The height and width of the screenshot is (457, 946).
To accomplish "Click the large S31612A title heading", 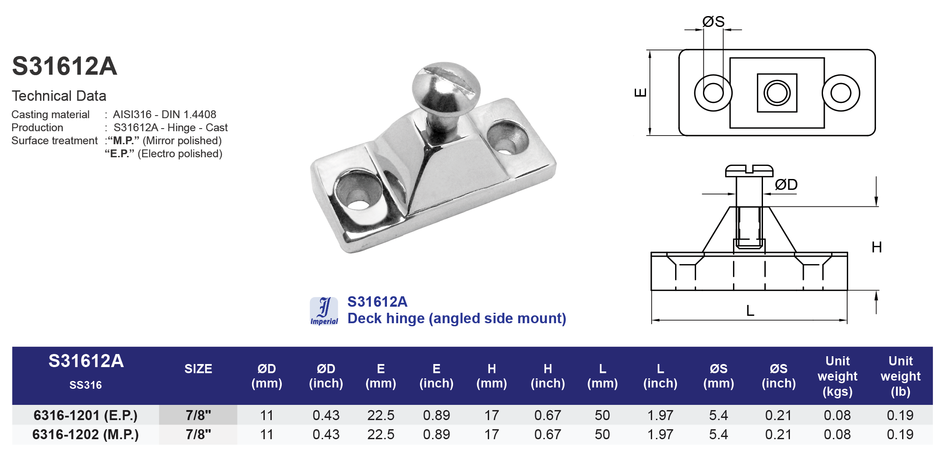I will pos(64,66).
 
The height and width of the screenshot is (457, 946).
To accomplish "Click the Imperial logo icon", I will pos(324,311).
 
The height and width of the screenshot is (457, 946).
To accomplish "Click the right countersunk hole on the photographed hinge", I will pos(507,138).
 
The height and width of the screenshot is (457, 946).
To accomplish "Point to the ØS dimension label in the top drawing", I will pos(713,22).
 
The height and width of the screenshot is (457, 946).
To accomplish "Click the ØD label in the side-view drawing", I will pos(786,185).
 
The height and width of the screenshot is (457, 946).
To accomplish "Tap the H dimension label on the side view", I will pos(876,248).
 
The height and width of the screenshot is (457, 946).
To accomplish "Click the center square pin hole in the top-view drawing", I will pos(777,93).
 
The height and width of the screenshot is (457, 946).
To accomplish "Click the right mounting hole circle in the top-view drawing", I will pos(840,93).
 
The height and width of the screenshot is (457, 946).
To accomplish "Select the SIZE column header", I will pos(198,369).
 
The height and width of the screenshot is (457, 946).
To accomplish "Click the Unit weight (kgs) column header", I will pos(837,376).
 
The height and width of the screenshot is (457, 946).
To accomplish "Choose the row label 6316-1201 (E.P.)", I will pos(85,415).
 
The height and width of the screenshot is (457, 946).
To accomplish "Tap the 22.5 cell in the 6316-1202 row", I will pos(380,434).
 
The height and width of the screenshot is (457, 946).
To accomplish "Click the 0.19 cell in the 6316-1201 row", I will pos(900,415).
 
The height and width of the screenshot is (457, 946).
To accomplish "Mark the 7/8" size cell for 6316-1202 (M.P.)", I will pos(198,434).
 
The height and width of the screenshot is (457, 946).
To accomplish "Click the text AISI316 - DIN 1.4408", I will pos(164,115).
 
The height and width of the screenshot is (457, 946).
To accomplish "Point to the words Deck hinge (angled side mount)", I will pos(456,318).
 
